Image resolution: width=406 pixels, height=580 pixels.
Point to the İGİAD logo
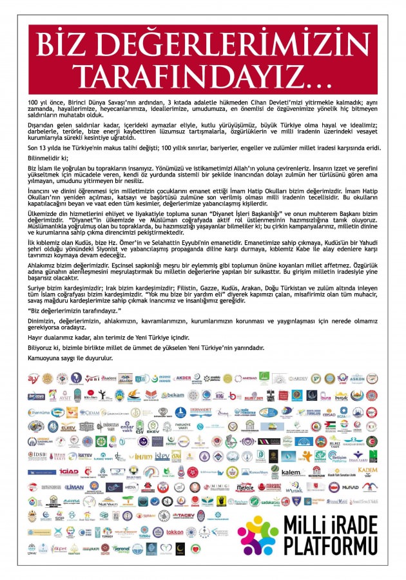[68, 472]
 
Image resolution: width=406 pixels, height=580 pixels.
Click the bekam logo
[173, 395]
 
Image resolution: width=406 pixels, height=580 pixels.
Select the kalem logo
[289, 472]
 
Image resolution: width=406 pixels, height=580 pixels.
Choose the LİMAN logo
[73, 488]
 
